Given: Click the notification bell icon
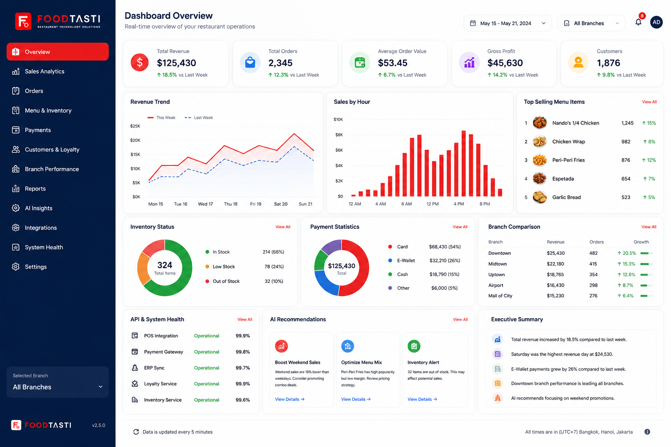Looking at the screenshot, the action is [x=638, y=22].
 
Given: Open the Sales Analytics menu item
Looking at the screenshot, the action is [x=44, y=71].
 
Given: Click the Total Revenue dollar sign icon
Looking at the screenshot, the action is [x=140, y=62].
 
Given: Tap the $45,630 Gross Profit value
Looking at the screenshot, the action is [x=505, y=63].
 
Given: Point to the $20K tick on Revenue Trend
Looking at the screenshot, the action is [x=135, y=140].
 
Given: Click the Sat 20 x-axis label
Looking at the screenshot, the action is [x=281, y=204].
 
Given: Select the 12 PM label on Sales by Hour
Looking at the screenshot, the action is [x=432, y=204].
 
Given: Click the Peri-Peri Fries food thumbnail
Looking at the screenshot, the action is [x=540, y=160].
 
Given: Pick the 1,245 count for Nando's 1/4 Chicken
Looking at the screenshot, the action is [x=627, y=123].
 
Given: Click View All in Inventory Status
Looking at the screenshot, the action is [x=283, y=227].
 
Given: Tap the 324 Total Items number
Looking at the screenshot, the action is [x=165, y=265].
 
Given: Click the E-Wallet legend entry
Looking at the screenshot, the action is [x=406, y=261].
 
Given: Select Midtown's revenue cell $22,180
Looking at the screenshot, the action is [x=555, y=264].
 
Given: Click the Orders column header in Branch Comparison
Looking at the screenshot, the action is [x=596, y=242].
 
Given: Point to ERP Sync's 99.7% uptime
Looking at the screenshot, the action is [x=242, y=368].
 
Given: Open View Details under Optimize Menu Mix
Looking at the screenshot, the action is [x=356, y=399].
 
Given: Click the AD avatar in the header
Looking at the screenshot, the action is [x=656, y=22].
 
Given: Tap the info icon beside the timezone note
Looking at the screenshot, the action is [x=647, y=432].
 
